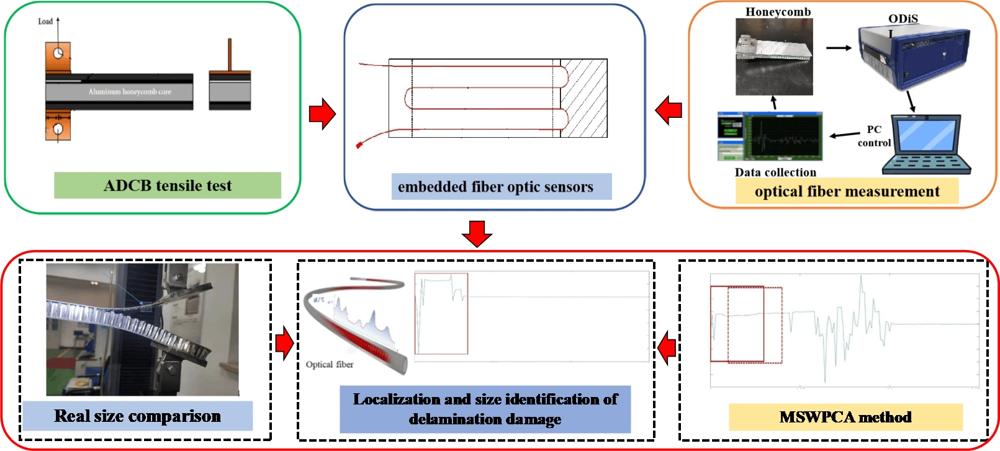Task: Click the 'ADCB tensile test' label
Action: click(x=167, y=185)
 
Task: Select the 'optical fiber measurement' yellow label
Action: click(x=847, y=191)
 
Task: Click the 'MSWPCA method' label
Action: click(x=845, y=417)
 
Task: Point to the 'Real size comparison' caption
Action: click(x=137, y=416)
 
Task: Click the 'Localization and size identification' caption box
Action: click(x=485, y=409)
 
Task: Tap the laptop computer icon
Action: click(x=927, y=144)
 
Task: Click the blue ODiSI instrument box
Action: click(x=912, y=56)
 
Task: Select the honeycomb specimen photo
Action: click(x=774, y=56)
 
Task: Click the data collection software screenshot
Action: click(x=770, y=136)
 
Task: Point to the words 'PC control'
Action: click(x=874, y=136)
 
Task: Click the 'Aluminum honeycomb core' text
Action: click(x=130, y=92)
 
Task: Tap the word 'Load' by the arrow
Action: click(x=45, y=22)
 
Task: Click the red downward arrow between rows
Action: click(x=477, y=233)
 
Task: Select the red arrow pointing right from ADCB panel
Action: click(x=322, y=114)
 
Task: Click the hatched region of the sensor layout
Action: click(x=583, y=98)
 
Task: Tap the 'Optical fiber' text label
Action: click(x=330, y=365)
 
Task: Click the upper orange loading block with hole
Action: click(x=58, y=58)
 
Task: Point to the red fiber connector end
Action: click(x=358, y=146)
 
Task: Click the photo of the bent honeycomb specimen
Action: click(x=142, y=329)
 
